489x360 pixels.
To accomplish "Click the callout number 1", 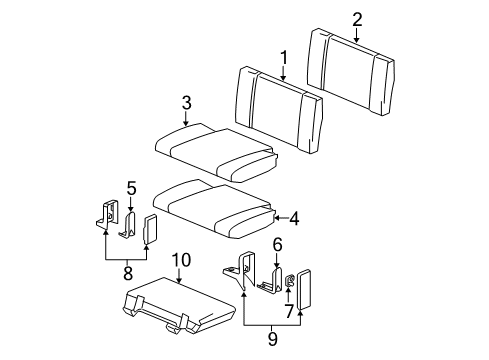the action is click(x=283, y=58).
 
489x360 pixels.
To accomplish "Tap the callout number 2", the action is click(x=357, y=20).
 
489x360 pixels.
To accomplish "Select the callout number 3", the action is click(x=187, y=103).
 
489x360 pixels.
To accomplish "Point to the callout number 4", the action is click(x=294, y=219).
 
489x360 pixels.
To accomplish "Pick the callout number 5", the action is click(x=131, y=189).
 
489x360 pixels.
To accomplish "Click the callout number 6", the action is click(x=277, y=244).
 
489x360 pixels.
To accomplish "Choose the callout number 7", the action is click(x=289, y=311).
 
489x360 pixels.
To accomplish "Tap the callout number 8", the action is click(x=128, y=273).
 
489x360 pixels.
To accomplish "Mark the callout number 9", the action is click(x=273, y=338).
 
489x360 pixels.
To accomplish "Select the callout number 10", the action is click(x=181, y=260).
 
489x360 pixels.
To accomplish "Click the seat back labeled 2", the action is click(x=351, y=72).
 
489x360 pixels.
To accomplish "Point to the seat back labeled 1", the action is click(x=279, y=109).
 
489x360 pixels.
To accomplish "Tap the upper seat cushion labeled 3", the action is click(x=217, y=152).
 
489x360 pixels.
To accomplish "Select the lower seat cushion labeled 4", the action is click(x=214, y=209).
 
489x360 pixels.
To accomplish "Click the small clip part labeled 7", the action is click(x=290, y=280).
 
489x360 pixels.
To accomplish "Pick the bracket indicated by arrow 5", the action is click(x=128, y=225).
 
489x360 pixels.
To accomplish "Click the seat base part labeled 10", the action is click(x=178, y=306).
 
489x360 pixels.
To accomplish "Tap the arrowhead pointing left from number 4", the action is click(x=276, y=219).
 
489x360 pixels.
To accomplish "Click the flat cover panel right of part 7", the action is click(x=304, y=289).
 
